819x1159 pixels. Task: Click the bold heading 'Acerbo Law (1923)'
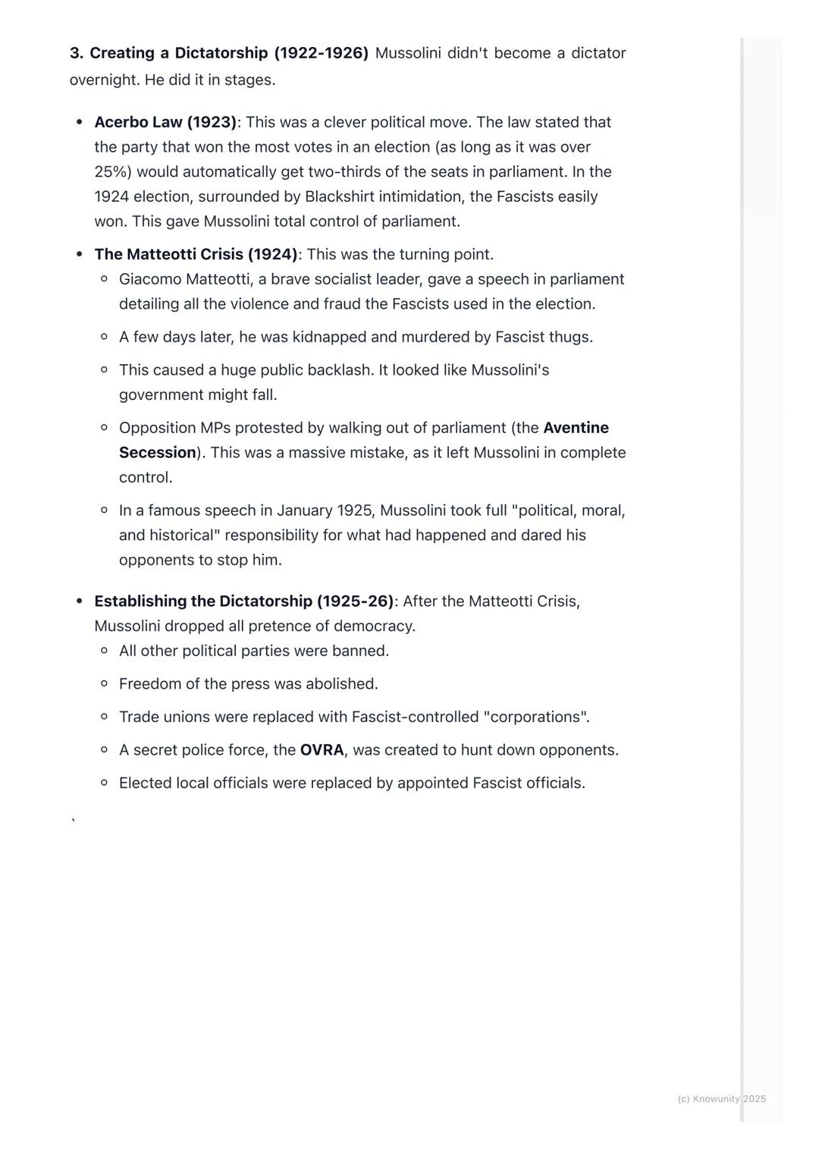point(165,122)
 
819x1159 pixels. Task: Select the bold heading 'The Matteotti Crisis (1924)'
point(196,254)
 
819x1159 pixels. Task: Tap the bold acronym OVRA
point(322,750)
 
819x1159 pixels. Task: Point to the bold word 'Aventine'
point(576,428)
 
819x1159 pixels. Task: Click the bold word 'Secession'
point(158,453)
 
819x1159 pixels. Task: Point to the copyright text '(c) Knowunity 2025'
point(721,1099)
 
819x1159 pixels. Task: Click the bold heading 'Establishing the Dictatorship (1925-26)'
point(244,601)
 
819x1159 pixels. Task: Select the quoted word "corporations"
point(535,717)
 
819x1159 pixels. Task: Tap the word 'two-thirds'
point(345,172)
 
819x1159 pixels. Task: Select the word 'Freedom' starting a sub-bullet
point(149,684)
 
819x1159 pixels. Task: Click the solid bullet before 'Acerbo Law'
point(79,122)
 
